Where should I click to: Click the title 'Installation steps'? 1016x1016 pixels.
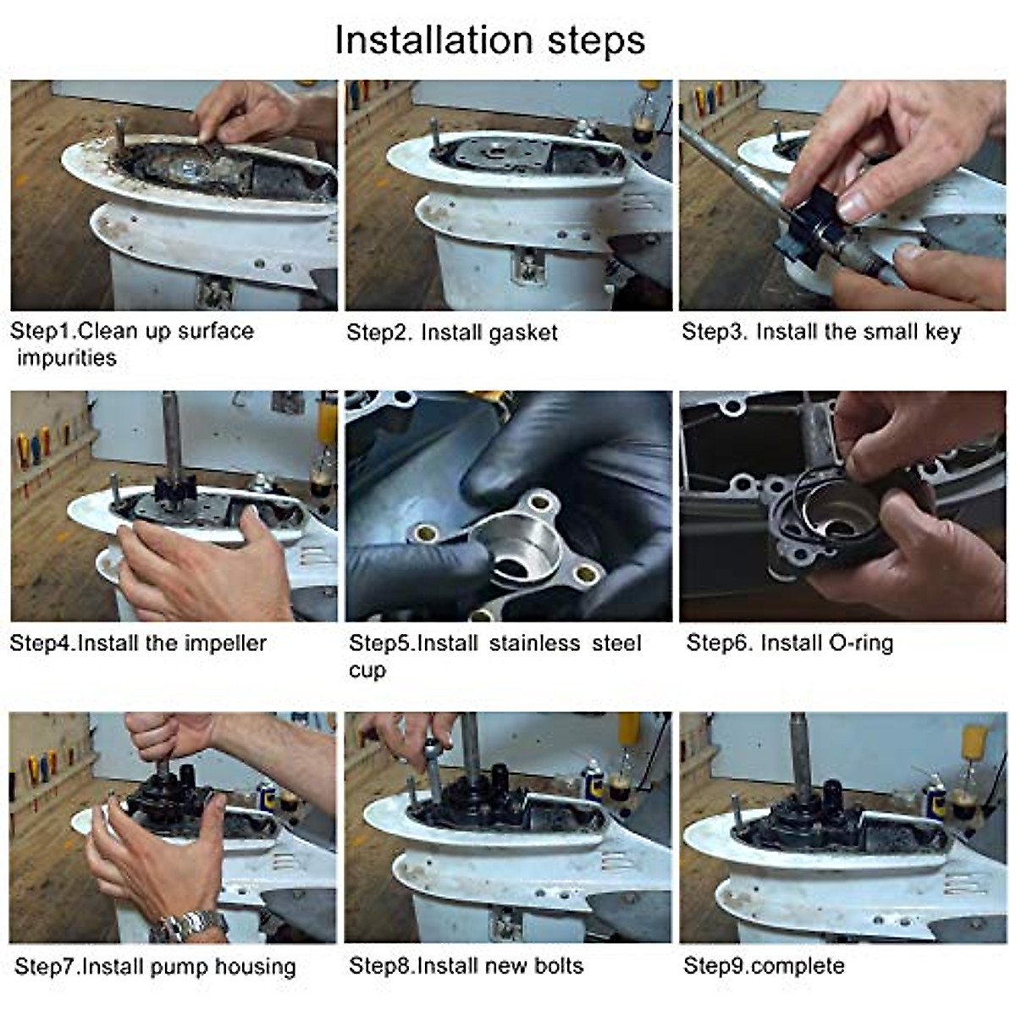tap(489, 41)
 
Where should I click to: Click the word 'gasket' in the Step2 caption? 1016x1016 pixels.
tap(522, 333)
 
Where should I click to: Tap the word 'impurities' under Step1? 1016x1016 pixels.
tap(66, 358)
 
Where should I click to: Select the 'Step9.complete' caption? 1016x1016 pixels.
tap(764, 966)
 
